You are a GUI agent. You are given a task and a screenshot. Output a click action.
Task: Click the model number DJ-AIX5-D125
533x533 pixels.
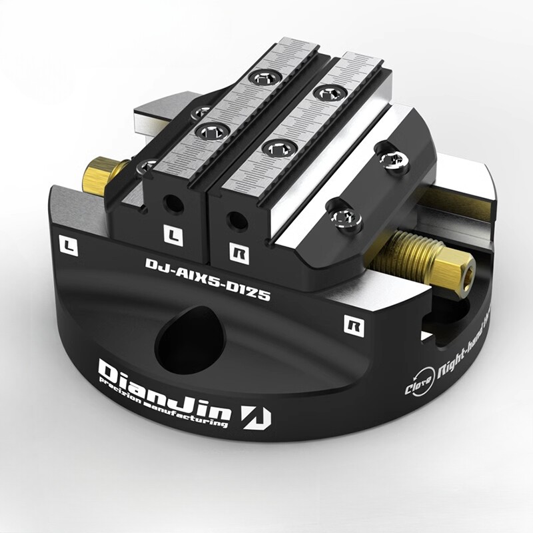207,279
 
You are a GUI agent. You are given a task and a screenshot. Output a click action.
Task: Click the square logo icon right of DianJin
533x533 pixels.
257,416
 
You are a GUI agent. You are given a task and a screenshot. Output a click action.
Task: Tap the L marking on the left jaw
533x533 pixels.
171,234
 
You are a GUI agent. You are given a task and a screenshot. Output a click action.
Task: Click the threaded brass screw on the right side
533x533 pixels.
413,253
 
